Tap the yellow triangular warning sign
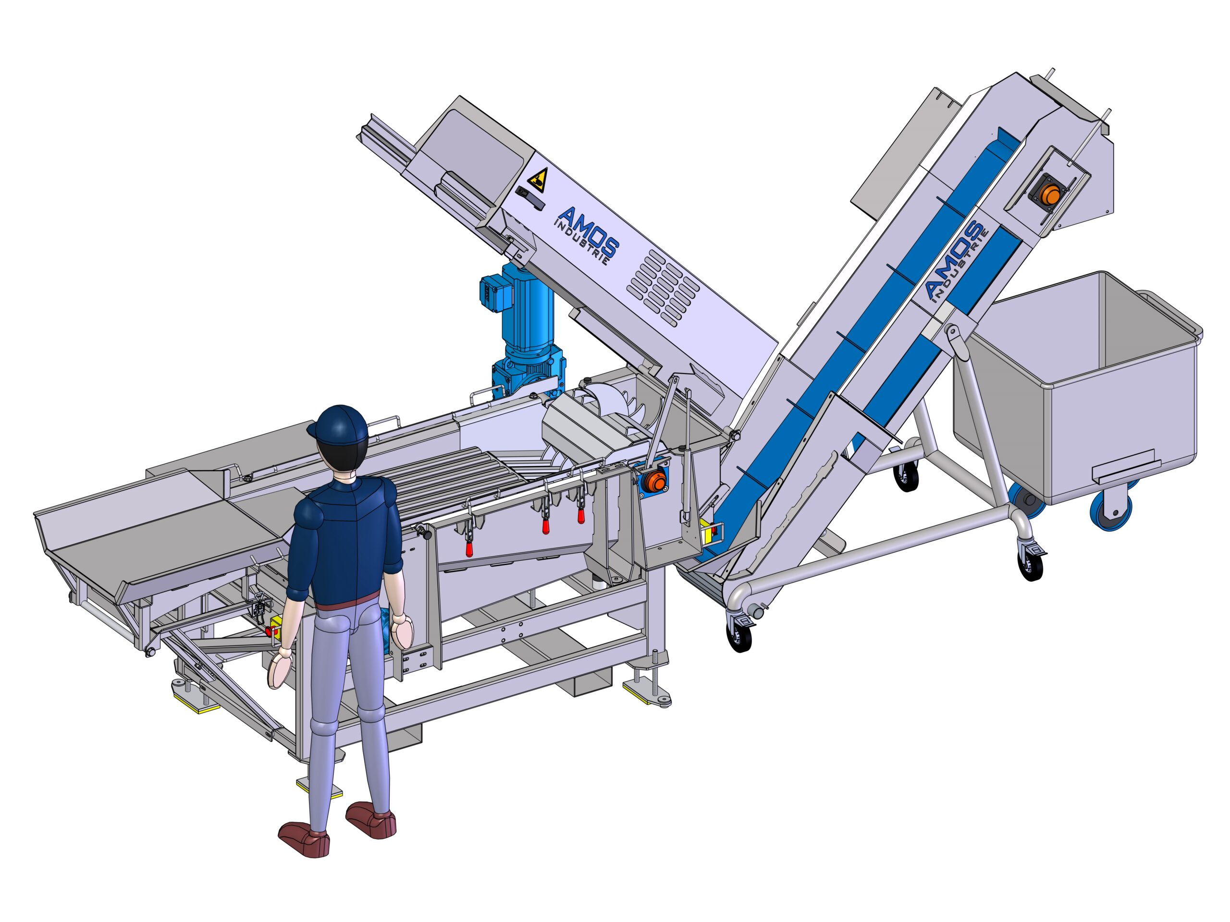click(x=537, y=179)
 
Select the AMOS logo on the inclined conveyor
click(x=952, y=261)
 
